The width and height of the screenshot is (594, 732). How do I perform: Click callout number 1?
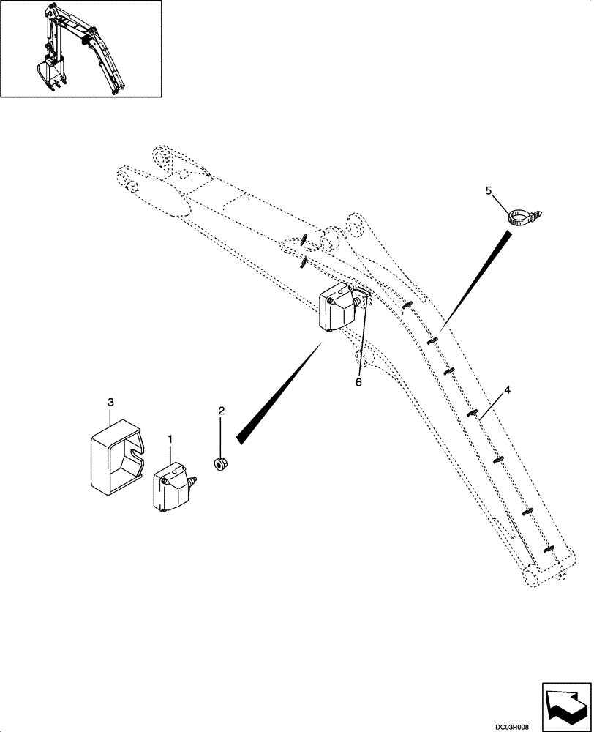click(170, 439)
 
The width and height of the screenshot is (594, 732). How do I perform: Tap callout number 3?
click(110, 403)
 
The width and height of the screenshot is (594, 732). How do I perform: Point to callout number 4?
click(507, 390)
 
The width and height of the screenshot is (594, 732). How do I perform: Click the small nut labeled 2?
click(219, 463)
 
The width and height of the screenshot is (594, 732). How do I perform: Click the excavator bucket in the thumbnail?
click(50, 75)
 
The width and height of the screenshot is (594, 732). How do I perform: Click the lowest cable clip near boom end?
click(548, 549)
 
